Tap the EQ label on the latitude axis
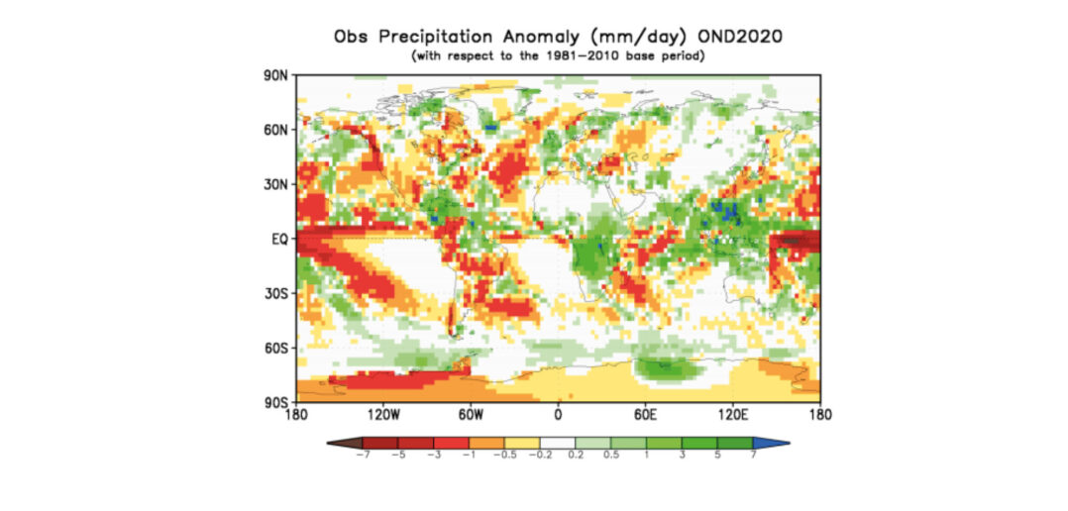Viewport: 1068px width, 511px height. tap(279, 239)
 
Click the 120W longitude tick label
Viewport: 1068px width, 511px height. tap(382, 415)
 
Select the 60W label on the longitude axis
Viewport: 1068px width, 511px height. tap(470, 415)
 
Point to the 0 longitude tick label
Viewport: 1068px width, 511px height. tap(558, 415)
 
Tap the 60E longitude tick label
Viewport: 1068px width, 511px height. tap(645, 415)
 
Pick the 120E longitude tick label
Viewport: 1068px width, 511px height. tap(732, 415)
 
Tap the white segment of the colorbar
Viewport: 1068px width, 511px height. tap(558, 443)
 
